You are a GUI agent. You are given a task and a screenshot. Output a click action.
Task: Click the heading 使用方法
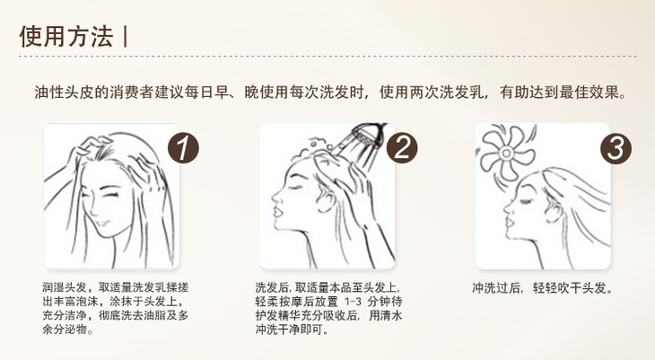(x=66, y=37)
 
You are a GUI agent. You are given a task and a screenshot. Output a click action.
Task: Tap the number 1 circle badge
(x=183, y=148)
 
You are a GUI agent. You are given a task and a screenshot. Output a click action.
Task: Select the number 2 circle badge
(x=402, y=148)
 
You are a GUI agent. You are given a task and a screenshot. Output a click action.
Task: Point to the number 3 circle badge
(x=616, y=148)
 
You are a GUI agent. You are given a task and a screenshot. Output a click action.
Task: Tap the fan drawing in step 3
(x=506, y=153)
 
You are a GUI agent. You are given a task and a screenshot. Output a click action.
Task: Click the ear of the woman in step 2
(x=326, y=201)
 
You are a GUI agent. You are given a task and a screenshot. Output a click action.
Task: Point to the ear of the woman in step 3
(x=554, y=210)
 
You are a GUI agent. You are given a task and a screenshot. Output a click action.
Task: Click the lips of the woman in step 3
(x=509, y=220)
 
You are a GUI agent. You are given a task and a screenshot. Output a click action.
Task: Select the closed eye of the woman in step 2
(x=296, y=187)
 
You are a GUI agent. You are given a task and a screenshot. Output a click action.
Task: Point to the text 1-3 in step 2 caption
(x=353, y=302)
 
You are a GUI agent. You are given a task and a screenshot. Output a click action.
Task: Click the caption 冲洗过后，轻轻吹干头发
(x=542, y=288)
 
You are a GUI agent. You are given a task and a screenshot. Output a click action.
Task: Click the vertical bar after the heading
(x=126, y=37)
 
